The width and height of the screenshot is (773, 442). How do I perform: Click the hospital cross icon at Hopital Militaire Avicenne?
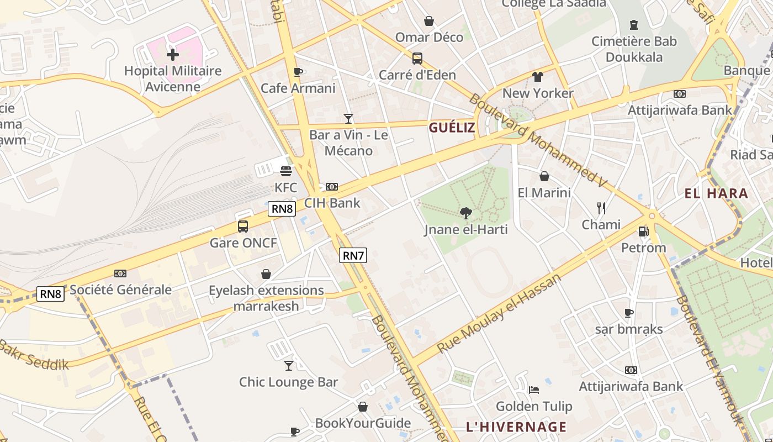coord(173,54)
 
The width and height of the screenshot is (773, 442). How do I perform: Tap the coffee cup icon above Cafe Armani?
coord(298,72)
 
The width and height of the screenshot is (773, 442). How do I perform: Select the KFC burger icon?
coord(285,171)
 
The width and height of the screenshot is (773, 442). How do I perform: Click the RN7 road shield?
coord(353,255)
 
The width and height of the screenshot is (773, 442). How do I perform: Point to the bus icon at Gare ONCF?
coord(243,226)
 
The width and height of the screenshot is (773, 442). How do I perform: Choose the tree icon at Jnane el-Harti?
coord(466,213)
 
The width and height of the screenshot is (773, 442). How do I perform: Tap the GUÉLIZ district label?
coord(452,128)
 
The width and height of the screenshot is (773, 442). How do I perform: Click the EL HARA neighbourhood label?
coord(716,193)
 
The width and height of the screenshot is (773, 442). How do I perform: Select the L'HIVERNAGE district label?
coord(516,427)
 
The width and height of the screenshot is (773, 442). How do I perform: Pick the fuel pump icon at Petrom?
coord(643,231)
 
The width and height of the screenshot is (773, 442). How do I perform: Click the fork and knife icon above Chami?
coord(601,208)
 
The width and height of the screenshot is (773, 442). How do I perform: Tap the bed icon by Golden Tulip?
coord(534,390)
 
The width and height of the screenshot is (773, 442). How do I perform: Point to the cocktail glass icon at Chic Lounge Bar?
coord(288,365)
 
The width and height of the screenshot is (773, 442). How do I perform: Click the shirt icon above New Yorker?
coord(538,77)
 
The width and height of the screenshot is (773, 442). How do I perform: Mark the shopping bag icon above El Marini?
coord(544,176)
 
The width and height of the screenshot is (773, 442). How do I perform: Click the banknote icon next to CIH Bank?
coord(332,187)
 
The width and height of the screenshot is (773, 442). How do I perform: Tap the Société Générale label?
coord(120,290)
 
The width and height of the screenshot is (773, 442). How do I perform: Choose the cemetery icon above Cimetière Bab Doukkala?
coord(633,25)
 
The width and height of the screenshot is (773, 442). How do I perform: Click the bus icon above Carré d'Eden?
coord(417,58)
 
